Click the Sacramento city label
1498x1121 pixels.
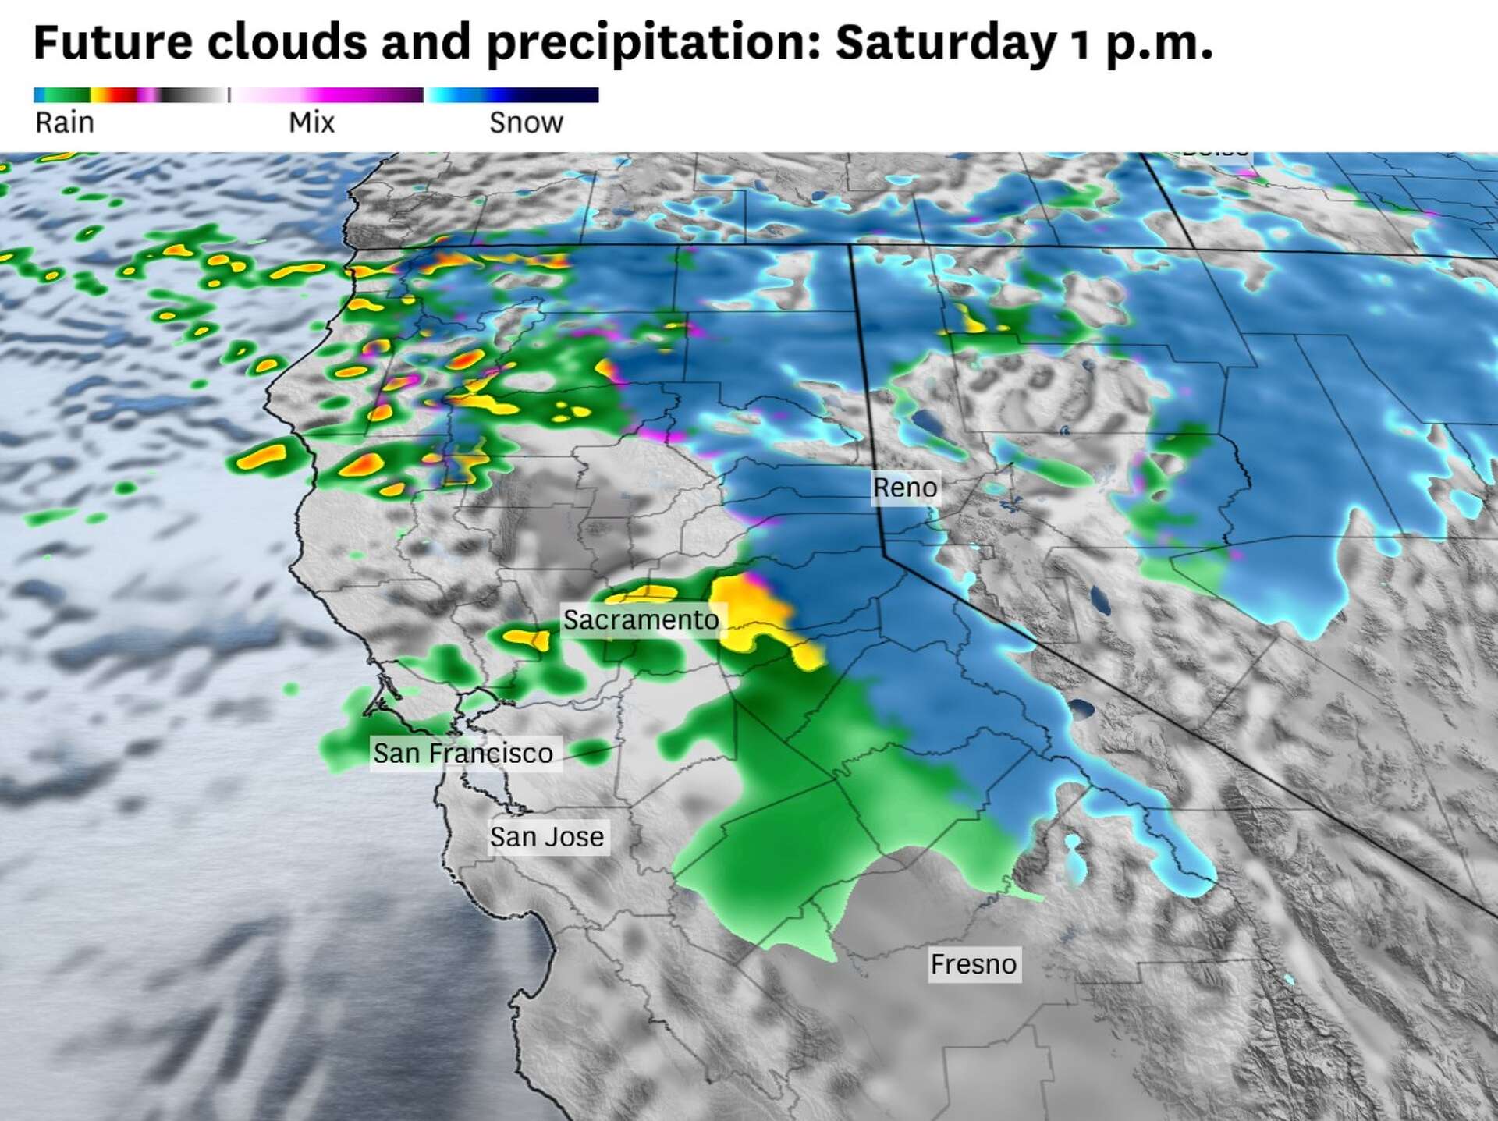641,620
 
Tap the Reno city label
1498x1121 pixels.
904,488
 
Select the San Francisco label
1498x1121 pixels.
463,754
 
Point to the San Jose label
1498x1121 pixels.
546,837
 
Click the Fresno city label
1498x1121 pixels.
973,964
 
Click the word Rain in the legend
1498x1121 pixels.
65,122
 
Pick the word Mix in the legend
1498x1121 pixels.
311,122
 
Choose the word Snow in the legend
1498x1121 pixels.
526,122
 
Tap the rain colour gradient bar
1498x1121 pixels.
130,95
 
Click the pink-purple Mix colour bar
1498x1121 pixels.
328,95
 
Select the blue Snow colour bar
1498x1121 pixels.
512,95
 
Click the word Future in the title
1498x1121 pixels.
112,42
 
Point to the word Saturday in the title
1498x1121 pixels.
945,42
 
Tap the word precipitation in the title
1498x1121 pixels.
654,44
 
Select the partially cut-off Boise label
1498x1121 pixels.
1215,154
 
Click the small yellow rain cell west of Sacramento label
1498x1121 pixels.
527,639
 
